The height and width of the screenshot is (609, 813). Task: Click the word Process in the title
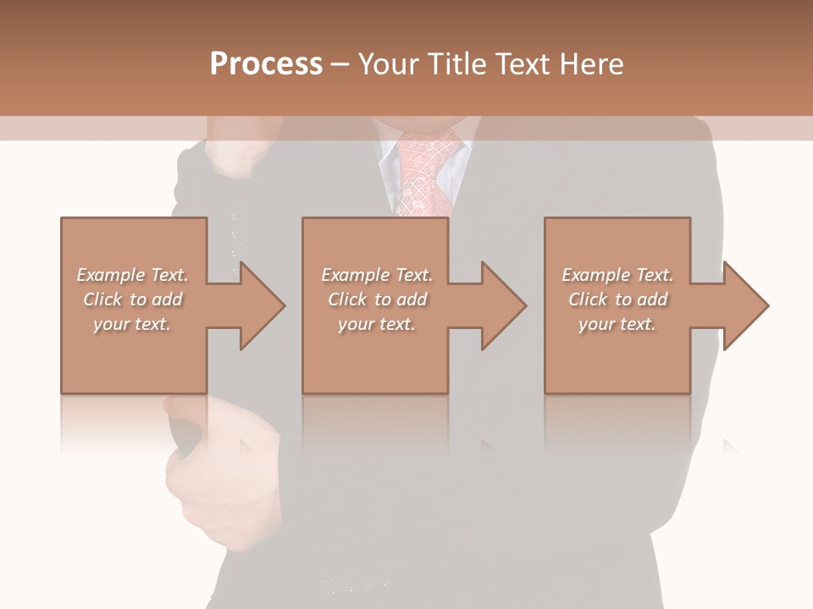click(266, 63)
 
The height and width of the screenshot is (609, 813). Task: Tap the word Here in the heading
click(590, 63)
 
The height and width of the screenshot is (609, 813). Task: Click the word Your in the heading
click(389, 63)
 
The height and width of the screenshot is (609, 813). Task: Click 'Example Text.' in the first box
click(132, 275)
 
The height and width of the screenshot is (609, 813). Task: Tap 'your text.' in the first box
click(132, 324)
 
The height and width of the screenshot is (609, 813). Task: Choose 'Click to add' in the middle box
click(377, 299)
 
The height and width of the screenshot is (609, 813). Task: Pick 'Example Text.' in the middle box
click(377, 275)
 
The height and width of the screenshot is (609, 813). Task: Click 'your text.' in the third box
click(617, 324)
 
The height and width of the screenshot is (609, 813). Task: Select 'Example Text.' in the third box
click(617, 275)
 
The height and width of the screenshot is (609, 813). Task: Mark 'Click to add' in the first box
click(132, 299)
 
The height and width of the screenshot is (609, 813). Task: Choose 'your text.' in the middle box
click(377, 324)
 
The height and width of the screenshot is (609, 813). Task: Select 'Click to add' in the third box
click(617, 299)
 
